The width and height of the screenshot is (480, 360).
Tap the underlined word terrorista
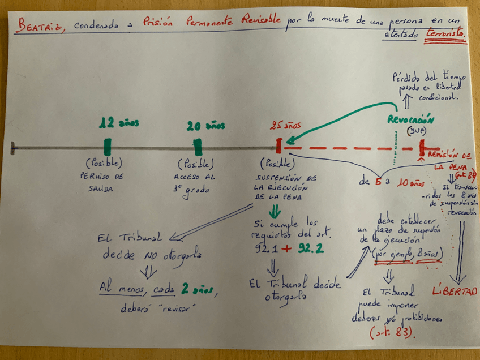point(447,34)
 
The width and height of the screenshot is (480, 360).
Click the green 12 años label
point(119,123)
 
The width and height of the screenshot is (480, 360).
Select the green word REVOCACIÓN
point(411,119)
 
